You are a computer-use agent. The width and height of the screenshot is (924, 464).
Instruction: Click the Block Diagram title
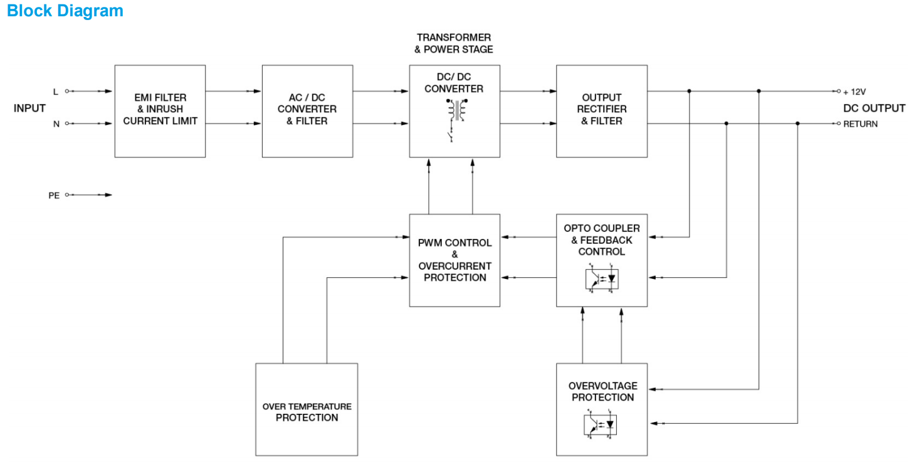point(65,11)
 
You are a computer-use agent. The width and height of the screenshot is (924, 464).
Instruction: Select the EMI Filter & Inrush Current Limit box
point(160,110)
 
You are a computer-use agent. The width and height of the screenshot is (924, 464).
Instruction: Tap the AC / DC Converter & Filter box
point(307,110)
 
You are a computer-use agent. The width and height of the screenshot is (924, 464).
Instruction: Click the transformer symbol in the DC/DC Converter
point(455,110)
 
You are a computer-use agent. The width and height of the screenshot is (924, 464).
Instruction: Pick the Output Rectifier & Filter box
point(602,110)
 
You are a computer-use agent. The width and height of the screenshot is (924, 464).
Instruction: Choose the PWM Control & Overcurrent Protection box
point(454,260)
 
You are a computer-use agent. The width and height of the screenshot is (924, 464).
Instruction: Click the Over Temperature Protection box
point(307,409)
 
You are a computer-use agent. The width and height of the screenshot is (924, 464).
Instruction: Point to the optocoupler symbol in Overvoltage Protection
point(601,424)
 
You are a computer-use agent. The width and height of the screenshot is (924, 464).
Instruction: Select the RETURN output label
point(860,124)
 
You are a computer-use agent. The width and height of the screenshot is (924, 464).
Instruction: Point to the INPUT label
point(29,108)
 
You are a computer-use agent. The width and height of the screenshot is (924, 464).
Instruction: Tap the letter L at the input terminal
point(55,92)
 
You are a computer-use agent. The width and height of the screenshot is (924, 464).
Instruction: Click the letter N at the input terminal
point(56,124)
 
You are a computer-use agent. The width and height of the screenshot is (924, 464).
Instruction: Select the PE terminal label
point(54,196)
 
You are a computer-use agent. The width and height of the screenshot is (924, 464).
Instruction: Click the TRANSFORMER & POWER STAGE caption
point(454,43)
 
